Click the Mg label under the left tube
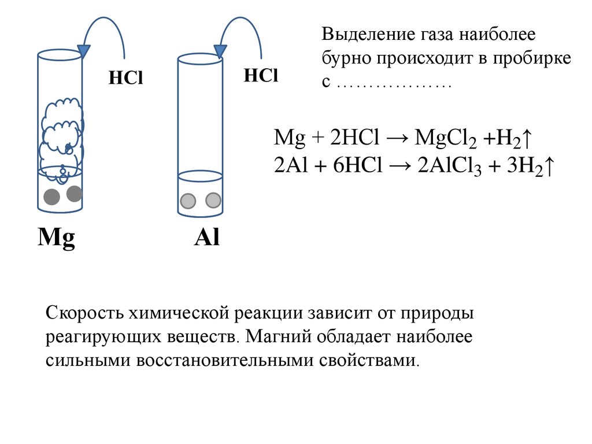[x=56, y=239]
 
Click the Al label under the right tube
[x=206, y=238]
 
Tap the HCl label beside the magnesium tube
[x=125, y=79]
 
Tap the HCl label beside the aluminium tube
[x=261, y=75]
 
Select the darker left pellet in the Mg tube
[x=52, y=197]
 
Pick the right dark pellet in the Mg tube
[x=74, y=194]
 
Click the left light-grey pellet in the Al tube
[x=188, y=201]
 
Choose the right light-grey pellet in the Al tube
[x=213, y=200]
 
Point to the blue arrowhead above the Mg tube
[x=84, y=51]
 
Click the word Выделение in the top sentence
[x=365, y=35]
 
